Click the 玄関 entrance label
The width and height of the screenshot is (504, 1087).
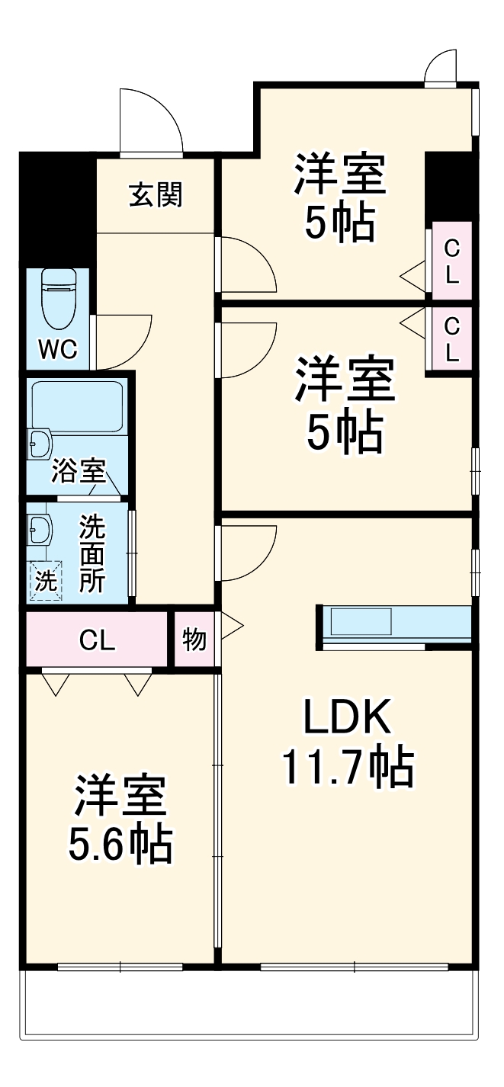(x=156, y=196)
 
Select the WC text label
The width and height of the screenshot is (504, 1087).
(x=58, y=349)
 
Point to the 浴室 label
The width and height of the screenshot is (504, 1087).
(x=77, y=471)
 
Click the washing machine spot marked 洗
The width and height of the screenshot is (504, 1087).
(x=45, y=582)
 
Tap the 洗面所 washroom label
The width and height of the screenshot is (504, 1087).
(x=93, y=553)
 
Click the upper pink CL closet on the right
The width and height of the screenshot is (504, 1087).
(x=452, y=261)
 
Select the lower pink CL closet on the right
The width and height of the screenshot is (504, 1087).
(x=452, y=339)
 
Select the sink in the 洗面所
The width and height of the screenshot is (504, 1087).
(x=38, y=527)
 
